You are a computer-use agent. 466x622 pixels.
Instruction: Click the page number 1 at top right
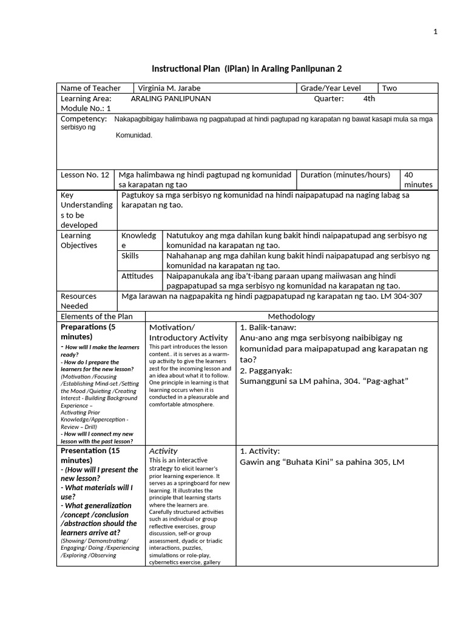435,32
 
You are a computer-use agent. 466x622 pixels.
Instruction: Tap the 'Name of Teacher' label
91,88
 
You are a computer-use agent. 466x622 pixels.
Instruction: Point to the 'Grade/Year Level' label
331,88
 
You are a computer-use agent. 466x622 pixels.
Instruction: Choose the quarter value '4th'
369,98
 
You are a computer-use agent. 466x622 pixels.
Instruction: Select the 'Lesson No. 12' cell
85,175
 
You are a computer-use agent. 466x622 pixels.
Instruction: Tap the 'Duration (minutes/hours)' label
345,175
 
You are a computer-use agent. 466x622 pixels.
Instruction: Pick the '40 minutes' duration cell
418,180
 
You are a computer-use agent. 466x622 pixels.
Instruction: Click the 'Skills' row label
130,256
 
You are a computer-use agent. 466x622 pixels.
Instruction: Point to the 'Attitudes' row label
137,276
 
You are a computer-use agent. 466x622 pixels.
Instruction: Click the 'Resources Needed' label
79,301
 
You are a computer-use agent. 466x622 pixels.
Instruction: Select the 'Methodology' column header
291,316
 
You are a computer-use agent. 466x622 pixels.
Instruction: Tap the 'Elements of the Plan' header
95,316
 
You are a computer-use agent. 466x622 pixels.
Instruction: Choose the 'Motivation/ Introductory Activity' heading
189,332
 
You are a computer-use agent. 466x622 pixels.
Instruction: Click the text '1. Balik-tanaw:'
268,327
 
